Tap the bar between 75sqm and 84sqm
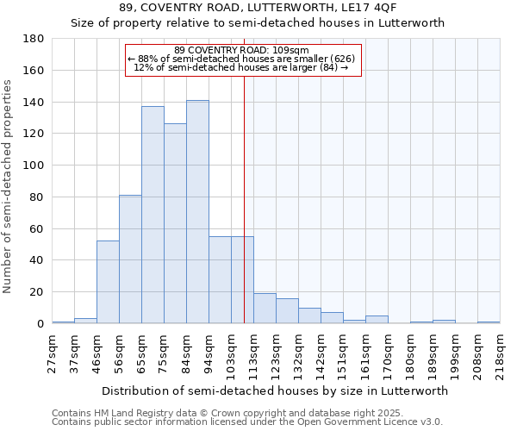[175, 223]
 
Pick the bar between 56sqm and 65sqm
[130, 259]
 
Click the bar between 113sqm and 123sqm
[265, 309]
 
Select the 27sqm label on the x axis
[53, 353]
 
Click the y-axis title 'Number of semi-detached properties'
[9, 185]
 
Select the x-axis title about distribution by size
[276, 390]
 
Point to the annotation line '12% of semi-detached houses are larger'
[241, 67]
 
